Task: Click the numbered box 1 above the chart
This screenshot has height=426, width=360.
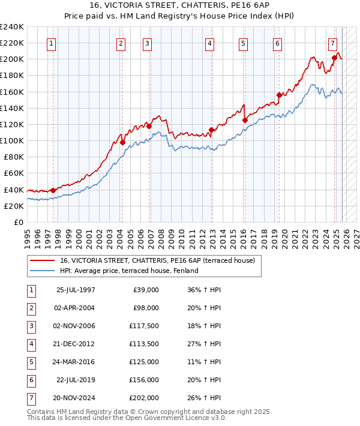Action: pos(51,43)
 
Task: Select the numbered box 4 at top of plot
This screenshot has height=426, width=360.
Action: pos(209,43)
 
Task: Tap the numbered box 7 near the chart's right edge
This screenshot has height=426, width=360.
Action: pos(332,43)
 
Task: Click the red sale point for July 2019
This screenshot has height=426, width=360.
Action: pos(279,95)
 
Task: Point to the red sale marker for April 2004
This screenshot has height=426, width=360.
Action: pos(122,142)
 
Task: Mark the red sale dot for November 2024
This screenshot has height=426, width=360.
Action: pos(334,58)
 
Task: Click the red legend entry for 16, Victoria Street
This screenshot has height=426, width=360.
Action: pos(157,260)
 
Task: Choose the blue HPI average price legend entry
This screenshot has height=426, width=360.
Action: pos(128,271)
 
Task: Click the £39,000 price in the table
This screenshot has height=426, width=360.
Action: pos(145,289)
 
